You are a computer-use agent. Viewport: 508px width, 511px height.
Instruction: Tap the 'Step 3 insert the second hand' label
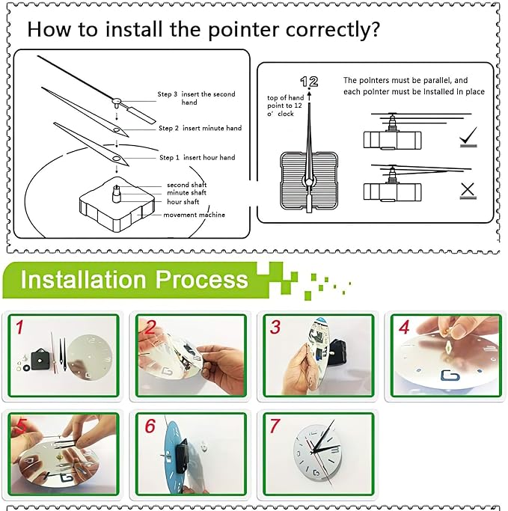click(196, 98)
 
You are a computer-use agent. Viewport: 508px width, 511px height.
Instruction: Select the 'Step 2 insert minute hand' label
click(200, 128)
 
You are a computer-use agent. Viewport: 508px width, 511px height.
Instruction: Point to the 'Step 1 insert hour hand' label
click(197, 157)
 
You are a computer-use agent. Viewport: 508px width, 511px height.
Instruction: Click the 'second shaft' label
click(187, 185)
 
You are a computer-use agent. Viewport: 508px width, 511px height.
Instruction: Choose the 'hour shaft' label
click(183, 202)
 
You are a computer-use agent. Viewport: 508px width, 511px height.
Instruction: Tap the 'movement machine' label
click(195, 215)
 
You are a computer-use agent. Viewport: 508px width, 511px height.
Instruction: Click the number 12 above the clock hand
click(309, 82)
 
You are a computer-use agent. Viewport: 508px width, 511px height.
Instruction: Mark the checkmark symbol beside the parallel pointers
click(468, 137)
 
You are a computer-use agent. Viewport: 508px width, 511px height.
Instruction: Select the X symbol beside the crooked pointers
click(468, 191)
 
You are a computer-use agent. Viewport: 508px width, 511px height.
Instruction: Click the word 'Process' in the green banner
click(202, 280)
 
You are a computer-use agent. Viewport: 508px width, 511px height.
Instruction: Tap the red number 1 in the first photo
click(20, 327)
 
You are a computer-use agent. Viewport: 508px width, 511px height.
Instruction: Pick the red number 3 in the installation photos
click(275, 327)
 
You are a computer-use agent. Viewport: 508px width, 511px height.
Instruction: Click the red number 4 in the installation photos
click(404, 327)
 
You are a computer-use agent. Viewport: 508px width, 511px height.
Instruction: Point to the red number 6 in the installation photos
click(150, 426)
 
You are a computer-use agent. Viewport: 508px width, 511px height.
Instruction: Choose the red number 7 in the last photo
click(275, 426)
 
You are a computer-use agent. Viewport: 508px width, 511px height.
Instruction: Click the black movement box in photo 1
click(40, 359)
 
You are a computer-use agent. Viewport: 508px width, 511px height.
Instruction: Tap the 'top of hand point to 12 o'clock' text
click(285, 105)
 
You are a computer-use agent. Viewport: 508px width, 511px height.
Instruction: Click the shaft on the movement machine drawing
click(116, 194)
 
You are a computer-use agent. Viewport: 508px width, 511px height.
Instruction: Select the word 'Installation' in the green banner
click(83, 280)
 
